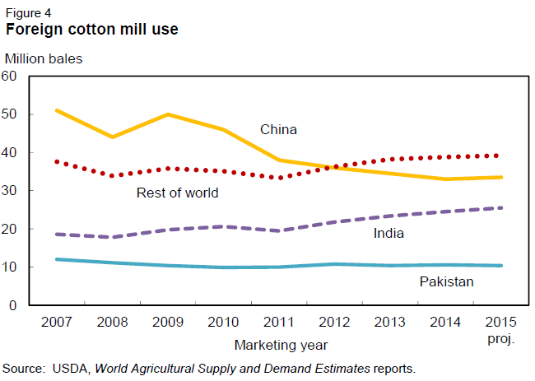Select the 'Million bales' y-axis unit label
click(44, 58)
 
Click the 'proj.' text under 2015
click(496, 338)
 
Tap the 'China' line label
click(278, 129)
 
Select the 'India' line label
click(388, 233)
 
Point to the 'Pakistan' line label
click(445, 282)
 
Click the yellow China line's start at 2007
click(56, 110)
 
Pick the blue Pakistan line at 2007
click(56, 259)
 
